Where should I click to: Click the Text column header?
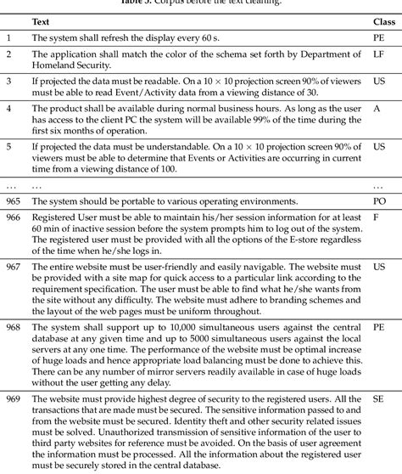tap(41, 20)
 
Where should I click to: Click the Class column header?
tap(382, 20)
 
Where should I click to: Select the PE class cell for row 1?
tap(379, 38)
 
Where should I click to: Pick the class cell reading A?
tap(377, 110)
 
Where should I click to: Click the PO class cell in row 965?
tap(379, 201)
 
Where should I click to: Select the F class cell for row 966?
tap(376, 217)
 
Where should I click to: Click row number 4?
tap(8, 110)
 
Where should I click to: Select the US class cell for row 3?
tap(378, 82)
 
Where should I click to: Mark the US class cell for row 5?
tap(378, 147)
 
